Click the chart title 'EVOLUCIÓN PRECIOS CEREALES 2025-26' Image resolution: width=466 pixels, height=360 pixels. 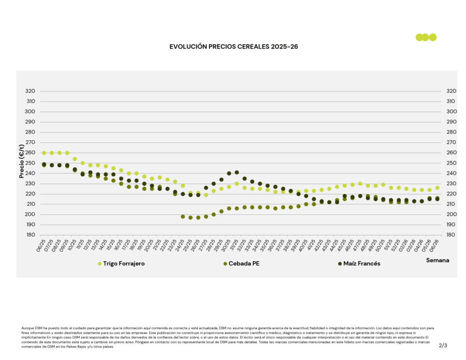point(234,47)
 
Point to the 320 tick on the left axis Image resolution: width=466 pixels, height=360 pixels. point(30,91)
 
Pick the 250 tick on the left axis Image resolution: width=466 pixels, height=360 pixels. point(30,163)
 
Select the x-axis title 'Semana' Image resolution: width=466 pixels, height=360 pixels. point(437,260)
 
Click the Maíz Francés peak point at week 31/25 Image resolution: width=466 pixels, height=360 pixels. point(237,172)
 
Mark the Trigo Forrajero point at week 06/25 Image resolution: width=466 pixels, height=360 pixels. point(44,153)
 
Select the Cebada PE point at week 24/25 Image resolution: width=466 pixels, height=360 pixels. point(183,217)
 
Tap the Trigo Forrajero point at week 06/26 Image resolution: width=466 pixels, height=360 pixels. point(437,188)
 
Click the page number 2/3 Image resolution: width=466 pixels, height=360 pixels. point(443,345)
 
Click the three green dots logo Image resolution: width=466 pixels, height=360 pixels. point(426,37)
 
